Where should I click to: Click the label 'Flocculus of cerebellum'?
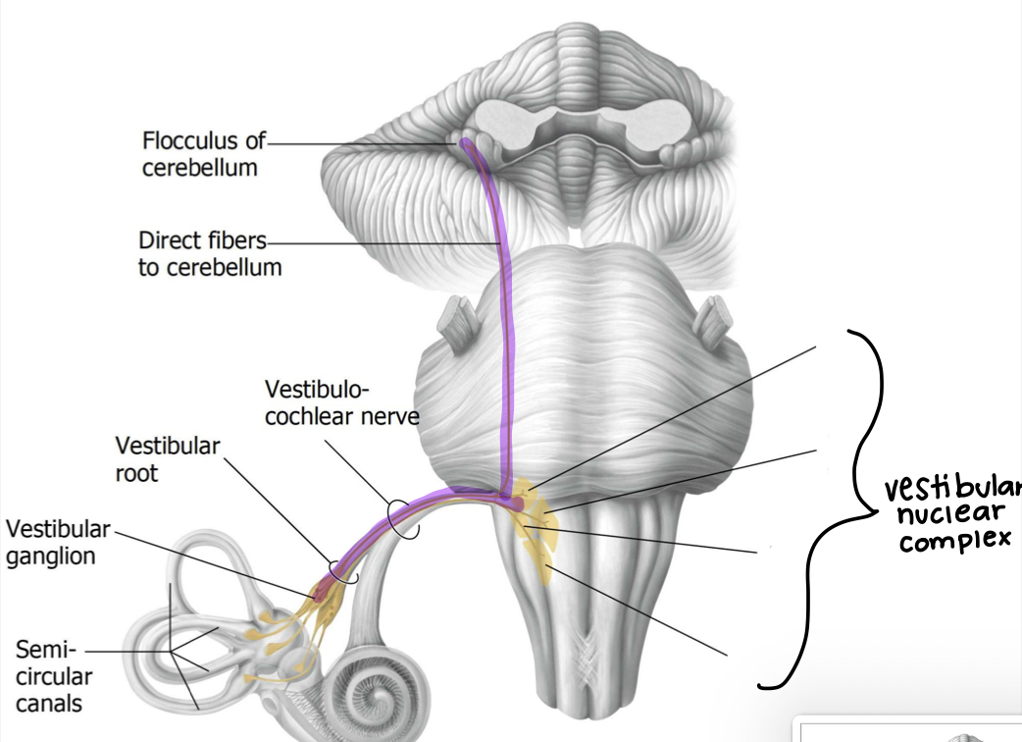coord(202,153)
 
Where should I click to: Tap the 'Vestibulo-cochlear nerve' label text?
coord(342,402)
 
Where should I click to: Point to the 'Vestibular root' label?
coord(167,458)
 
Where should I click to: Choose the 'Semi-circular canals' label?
coord(54,676)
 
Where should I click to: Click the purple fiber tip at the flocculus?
coord(465,144)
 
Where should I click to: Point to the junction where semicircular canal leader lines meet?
coord(171,651)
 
